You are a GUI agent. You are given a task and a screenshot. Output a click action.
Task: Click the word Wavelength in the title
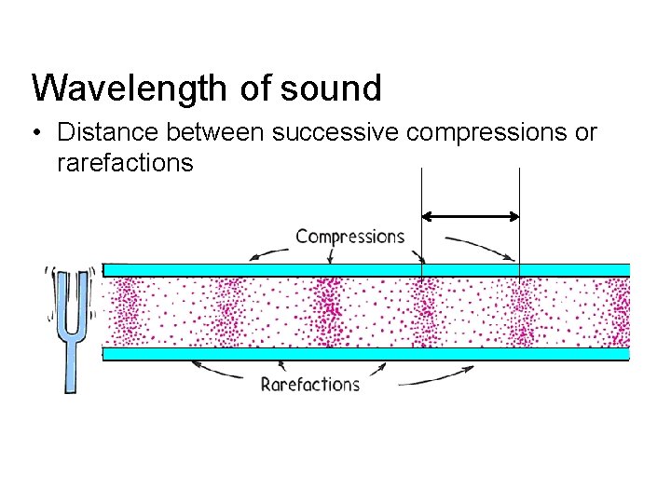[x=130, y=88]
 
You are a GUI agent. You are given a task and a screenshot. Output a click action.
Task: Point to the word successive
[x=336, y=133]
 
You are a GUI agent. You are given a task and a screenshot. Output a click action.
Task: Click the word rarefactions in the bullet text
[x=125, y=164]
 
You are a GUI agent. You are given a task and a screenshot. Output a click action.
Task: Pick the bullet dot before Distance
[x=36, y=133]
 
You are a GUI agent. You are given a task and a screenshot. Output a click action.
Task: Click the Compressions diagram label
[x=349, y=237]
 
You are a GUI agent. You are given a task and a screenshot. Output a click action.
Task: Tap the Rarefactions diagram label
[x=309, y=384]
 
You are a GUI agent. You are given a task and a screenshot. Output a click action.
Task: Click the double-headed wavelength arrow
[x=471, y=216]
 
